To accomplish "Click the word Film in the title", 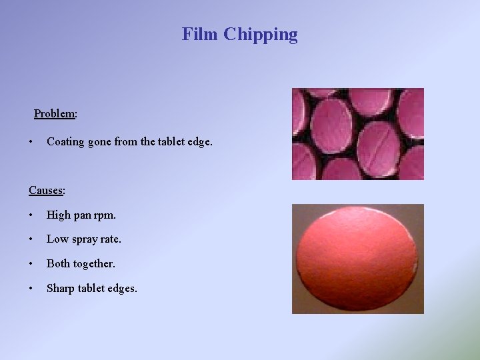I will pyautogui.click(x=200, y=34).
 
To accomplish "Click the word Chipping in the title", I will pyautogui.click(x=261, y=35).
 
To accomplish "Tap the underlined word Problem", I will pyautogui.click(x=54, y=113).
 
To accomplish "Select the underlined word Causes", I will pyautogui.click(x=45, y=191).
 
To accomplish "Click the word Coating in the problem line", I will pyautogui.click(x=65, y=142).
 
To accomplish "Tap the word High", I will pyautogui.click(x=57, y=215).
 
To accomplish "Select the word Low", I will pyautogui.click(x=57, y=239).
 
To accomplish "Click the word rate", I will pyautogui.click(x=111, y=239).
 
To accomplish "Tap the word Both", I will pyautogui.click(x=58, y=264).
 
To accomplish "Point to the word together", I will pyautogui.click(x=94, y=264).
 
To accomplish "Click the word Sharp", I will pyautogui.click(x=61, y=289).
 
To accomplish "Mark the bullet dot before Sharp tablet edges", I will pyautogui.click(x=31, y=289).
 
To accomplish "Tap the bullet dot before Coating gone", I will pyautogui.click(x=31, y=142).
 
